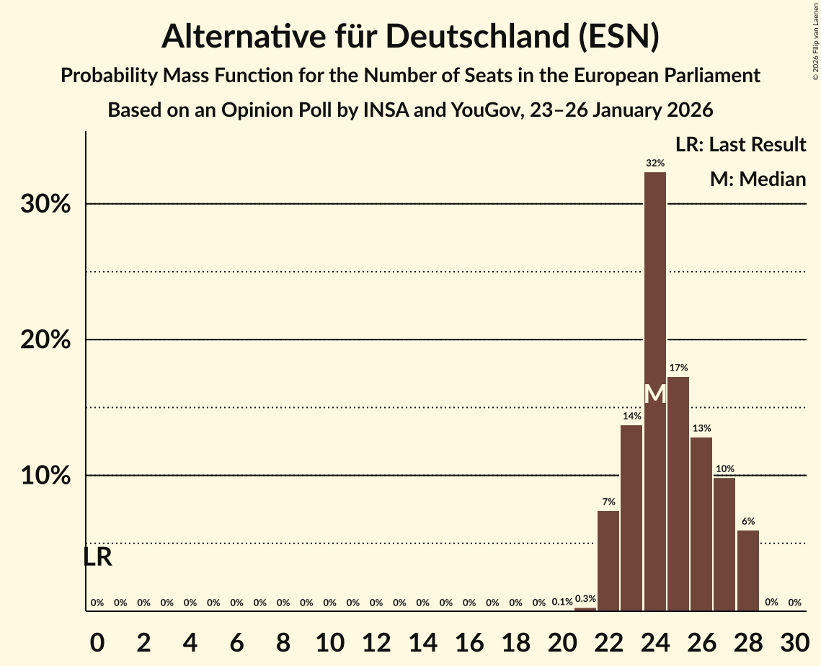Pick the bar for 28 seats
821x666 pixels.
pyautogui.click(x=748, y=570)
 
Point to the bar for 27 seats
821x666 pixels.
pyautogui.click(x=724, y=544)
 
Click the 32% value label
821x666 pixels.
pyautogui.click(x=654, y=163)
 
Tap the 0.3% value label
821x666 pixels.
pyautogui.click(x=585, y=599)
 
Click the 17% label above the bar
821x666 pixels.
pyautogui.click(x=678, y=368)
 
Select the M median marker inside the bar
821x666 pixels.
pyautogui.click(x=654, y=394)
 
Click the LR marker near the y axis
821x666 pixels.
pyautogui.click(x=97, y=557)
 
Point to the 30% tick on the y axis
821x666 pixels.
pyautogui.click(x=45, y=205)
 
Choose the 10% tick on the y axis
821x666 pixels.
pyautogui.click(x=45, y=476)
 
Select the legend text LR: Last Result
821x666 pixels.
pyautogui.click(x=740, y=145)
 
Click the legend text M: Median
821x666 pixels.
pyautogui.click(x=758, y=179)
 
